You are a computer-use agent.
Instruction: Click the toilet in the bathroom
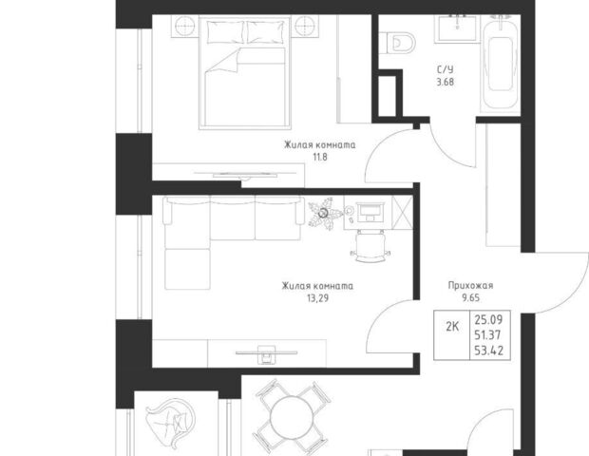click(398, 43)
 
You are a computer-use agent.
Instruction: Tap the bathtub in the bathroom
click(501, 63)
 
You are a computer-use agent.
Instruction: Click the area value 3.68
click(446, 82)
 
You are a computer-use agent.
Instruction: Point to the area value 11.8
click(320, 157)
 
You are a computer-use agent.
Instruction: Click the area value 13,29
click(318, 298)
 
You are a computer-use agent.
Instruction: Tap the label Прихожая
click(470, 285)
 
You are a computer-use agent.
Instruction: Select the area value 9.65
click(470, 298)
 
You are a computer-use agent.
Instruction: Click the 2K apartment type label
click(452, 327)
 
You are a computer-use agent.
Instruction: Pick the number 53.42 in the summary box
click(488, 351)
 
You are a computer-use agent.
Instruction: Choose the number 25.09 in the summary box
click(488, 319)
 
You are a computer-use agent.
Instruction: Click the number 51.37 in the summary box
click(488, 335)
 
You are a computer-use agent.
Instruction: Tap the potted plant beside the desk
click(324, 214)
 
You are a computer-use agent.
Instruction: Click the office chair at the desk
click(370, 247)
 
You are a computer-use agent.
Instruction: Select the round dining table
click(292, 417)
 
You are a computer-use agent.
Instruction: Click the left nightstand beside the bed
click(184, 27)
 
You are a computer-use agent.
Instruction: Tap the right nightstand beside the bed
click(305, 27)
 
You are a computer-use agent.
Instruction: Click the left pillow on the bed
click(225, 32)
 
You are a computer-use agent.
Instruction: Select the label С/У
click(446, 69)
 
